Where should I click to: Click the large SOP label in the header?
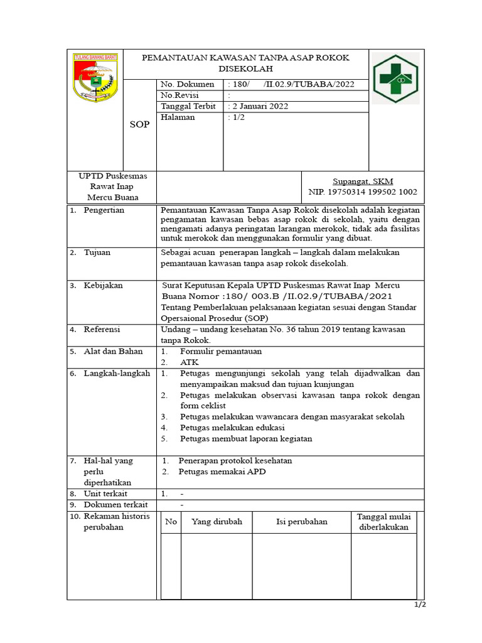[139, 124]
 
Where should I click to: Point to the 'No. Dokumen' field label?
[187, 84]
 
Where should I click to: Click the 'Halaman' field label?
[178, 118]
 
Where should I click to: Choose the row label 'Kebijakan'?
[103, 286]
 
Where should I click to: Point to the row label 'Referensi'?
[102, 329]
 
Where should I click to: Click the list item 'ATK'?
[189, 363]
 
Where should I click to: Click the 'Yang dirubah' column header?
[217, 522]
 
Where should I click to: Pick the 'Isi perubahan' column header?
[302, 522]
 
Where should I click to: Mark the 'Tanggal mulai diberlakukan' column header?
[383, 522]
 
